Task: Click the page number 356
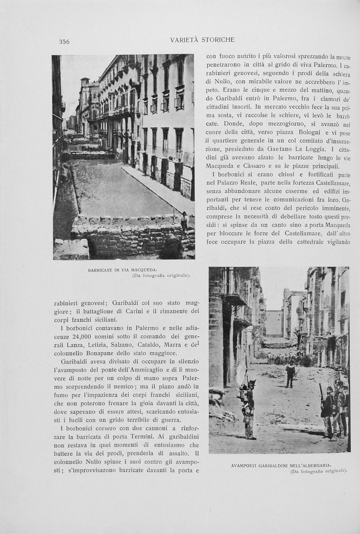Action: pyautogui.click(x=64, y=42)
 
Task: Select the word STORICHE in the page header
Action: pyautogui.click(x=217, y=40)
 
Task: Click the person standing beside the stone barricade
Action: pyautogui.click(x=184, y=220)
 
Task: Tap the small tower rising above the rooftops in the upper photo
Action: pyautogui.click(x=85, y=85)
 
